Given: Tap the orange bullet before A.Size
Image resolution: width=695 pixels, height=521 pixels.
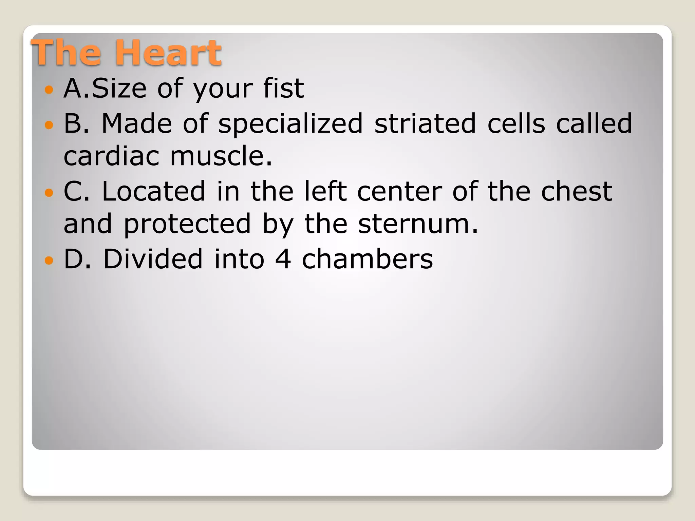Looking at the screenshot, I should pos(49,90).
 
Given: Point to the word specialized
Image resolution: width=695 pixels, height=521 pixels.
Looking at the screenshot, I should pos(290,124).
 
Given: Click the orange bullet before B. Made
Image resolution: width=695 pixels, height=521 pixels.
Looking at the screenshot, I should pos(49,125).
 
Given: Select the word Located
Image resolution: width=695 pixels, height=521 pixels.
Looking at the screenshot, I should pos(153,191).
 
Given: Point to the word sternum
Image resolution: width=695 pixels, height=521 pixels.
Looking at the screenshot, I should pos(418,225).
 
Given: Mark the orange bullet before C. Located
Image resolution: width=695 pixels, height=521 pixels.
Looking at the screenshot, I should pos(49,193).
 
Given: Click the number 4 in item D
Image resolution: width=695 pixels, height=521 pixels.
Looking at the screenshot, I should pos(283,259).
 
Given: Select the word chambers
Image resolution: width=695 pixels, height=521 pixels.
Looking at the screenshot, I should pos(367,259).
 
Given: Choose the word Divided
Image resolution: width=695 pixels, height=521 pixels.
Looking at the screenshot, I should pos(153,259).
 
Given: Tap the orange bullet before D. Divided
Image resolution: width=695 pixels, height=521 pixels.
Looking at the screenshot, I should pos(49,261).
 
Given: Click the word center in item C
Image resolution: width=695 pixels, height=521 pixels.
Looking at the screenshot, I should pos(399,192).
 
